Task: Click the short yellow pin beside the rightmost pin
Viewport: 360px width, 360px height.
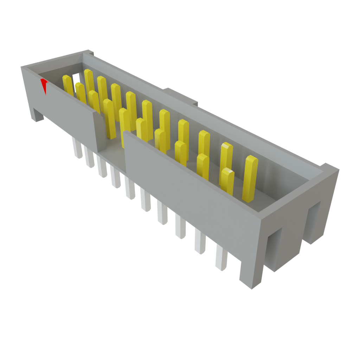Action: point(227,181)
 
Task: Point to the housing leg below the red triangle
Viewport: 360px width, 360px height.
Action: point(37,115)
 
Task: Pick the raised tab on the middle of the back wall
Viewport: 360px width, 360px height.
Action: point(179,95)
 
